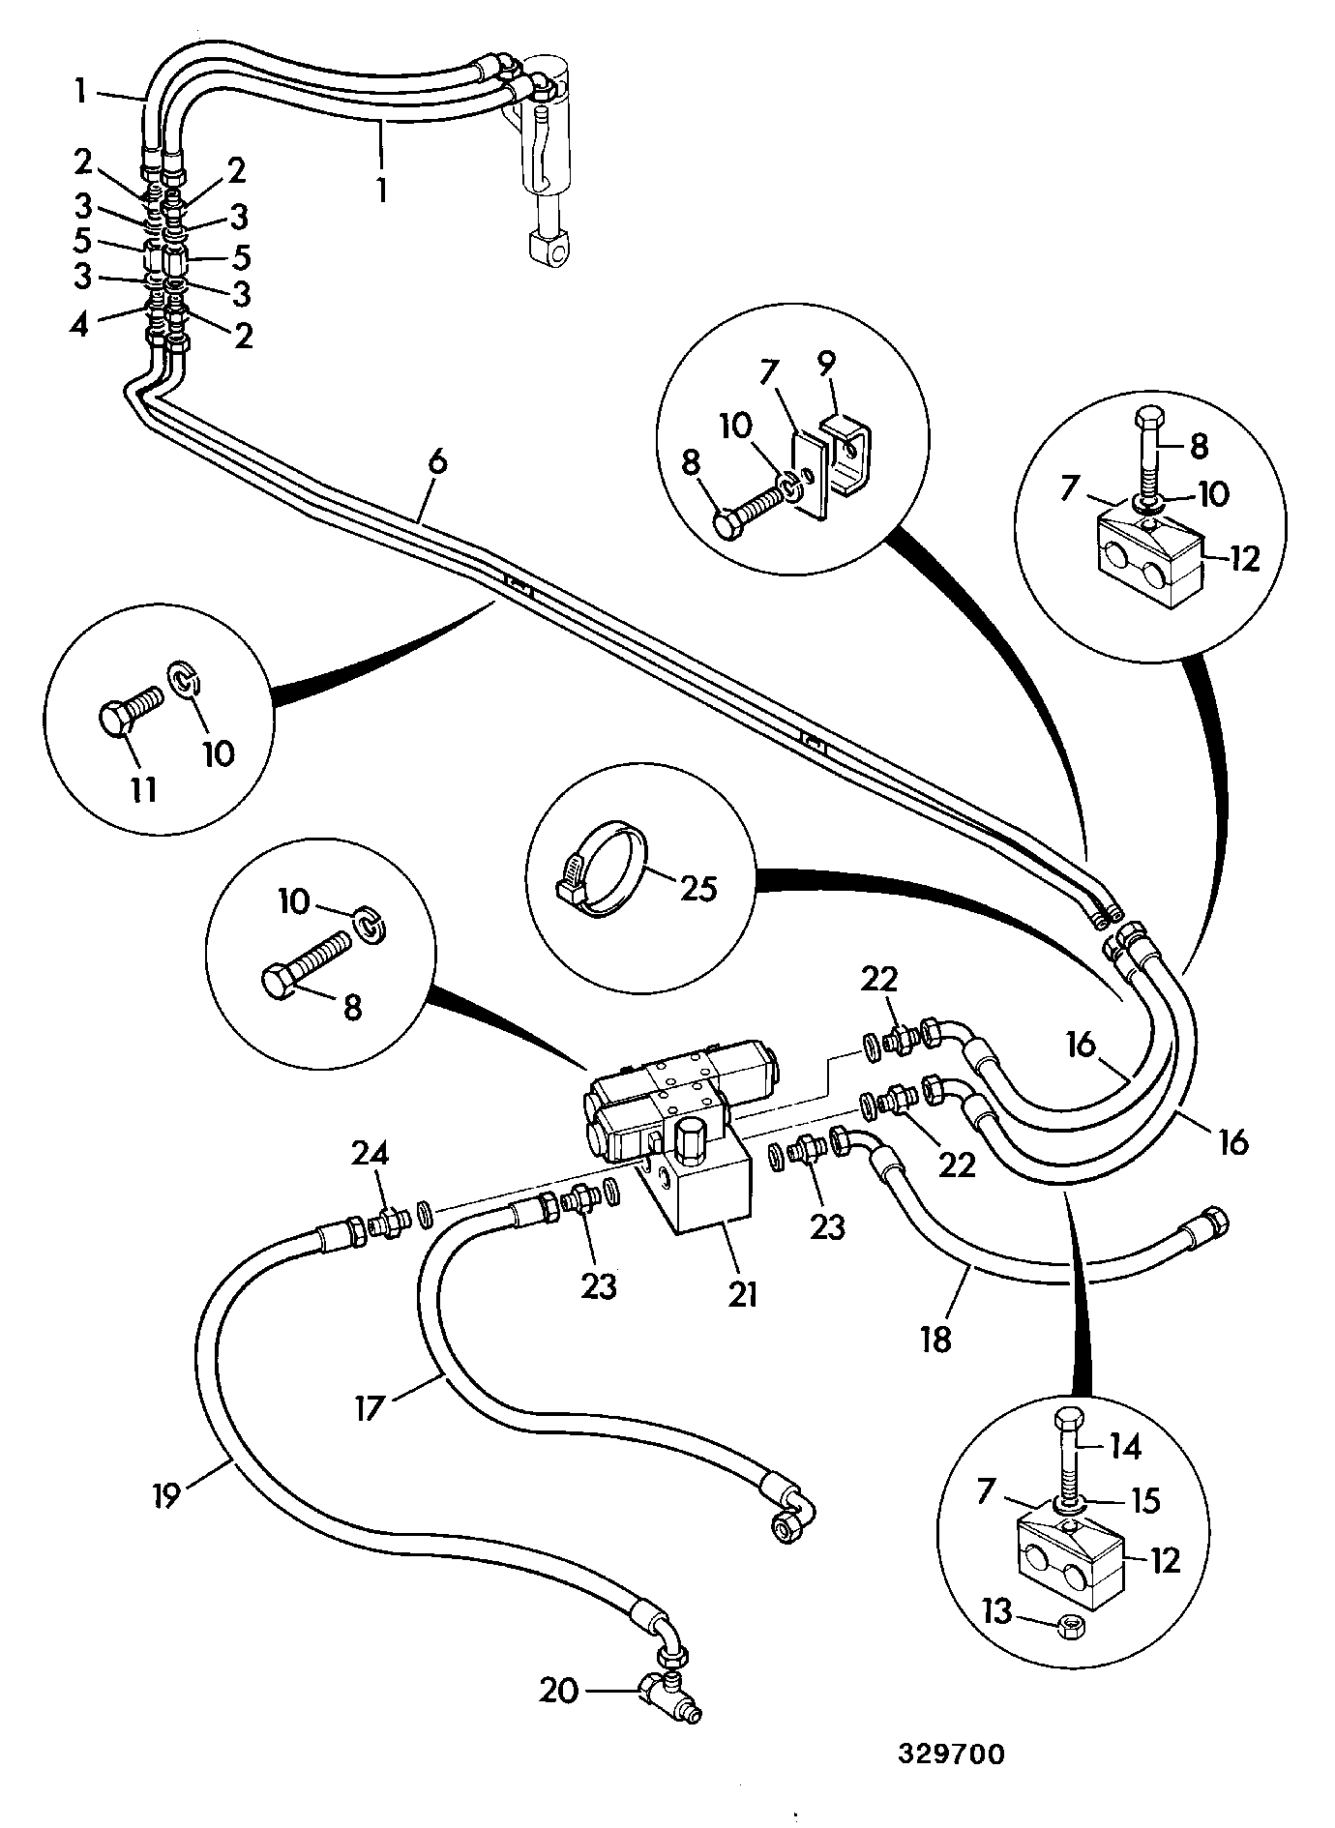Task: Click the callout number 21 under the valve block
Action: click(742, 1293)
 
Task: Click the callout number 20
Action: click(558, 1690)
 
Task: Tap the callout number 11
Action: click(143, 788)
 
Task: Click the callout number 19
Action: click(165, 1496)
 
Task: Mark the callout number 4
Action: click(79, 324)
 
